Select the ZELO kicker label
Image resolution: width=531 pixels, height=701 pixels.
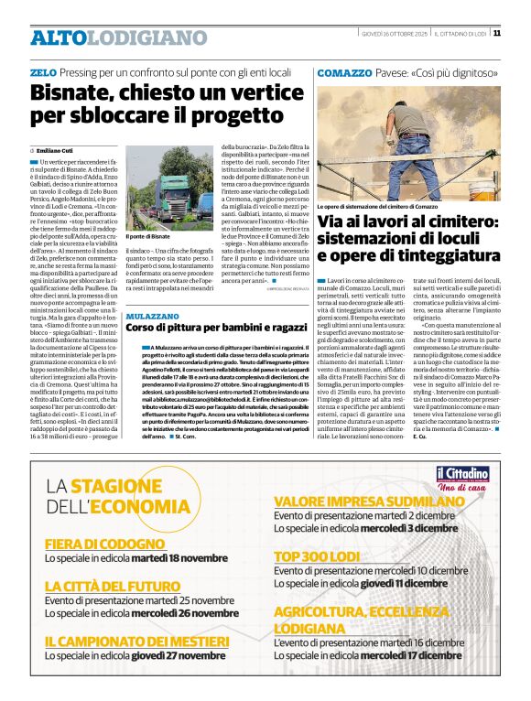click(x=43, y=71)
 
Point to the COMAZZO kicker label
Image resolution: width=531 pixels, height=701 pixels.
click(x=342, y=71)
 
